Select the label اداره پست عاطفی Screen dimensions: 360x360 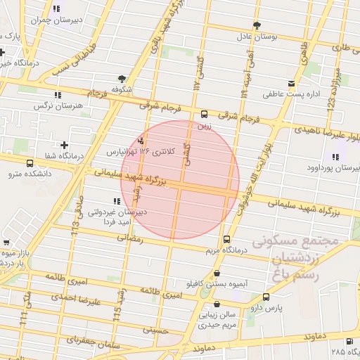(x=292, y=94)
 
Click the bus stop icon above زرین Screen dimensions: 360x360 (x=205, y=114)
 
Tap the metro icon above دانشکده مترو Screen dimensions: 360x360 (x=29, y=163)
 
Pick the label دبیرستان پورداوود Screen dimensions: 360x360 (x=333, y=169)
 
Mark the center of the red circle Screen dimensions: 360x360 (x=179, y=179)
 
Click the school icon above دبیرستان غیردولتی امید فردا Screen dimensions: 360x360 (x=117, y=201)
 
